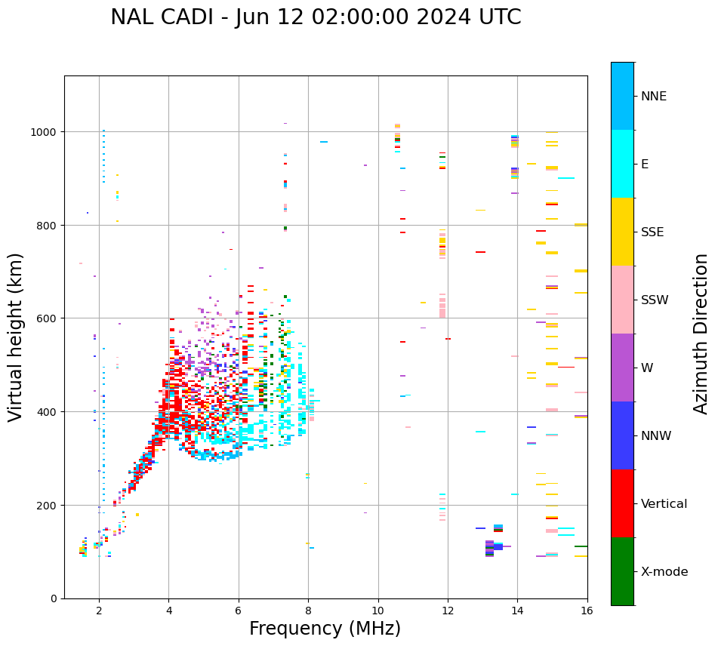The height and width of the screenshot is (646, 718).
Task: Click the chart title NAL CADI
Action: (x=316, y=17)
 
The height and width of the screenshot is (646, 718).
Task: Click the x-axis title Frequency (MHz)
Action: (x=325, y=629)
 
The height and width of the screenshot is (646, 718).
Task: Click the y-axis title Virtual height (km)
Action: (x=16, y=337)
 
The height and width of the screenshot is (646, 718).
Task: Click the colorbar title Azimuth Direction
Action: (x=701, y=334)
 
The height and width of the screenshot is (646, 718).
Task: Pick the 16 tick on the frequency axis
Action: (x=587, y=611)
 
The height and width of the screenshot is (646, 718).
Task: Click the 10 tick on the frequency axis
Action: (x=378, y=611)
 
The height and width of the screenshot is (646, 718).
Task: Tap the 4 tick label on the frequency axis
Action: (x=168, y=611)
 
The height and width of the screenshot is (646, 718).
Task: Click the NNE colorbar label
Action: (x=654, y=96)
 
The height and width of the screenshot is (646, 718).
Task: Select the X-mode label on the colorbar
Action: (x=664, y=571)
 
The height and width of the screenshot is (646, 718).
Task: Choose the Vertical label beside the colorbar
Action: (x=664, y=503)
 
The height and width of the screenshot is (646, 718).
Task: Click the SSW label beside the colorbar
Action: (x=655, y=300)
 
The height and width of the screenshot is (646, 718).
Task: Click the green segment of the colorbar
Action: (x=622, y=571)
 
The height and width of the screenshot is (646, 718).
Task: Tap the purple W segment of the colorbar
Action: (x=622, y=368)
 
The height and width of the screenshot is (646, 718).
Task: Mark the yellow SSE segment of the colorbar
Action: (x=622, y=232)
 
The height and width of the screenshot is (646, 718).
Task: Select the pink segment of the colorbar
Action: (x=622, y=300)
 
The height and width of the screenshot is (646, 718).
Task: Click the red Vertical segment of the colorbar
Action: (x=622, y=503)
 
